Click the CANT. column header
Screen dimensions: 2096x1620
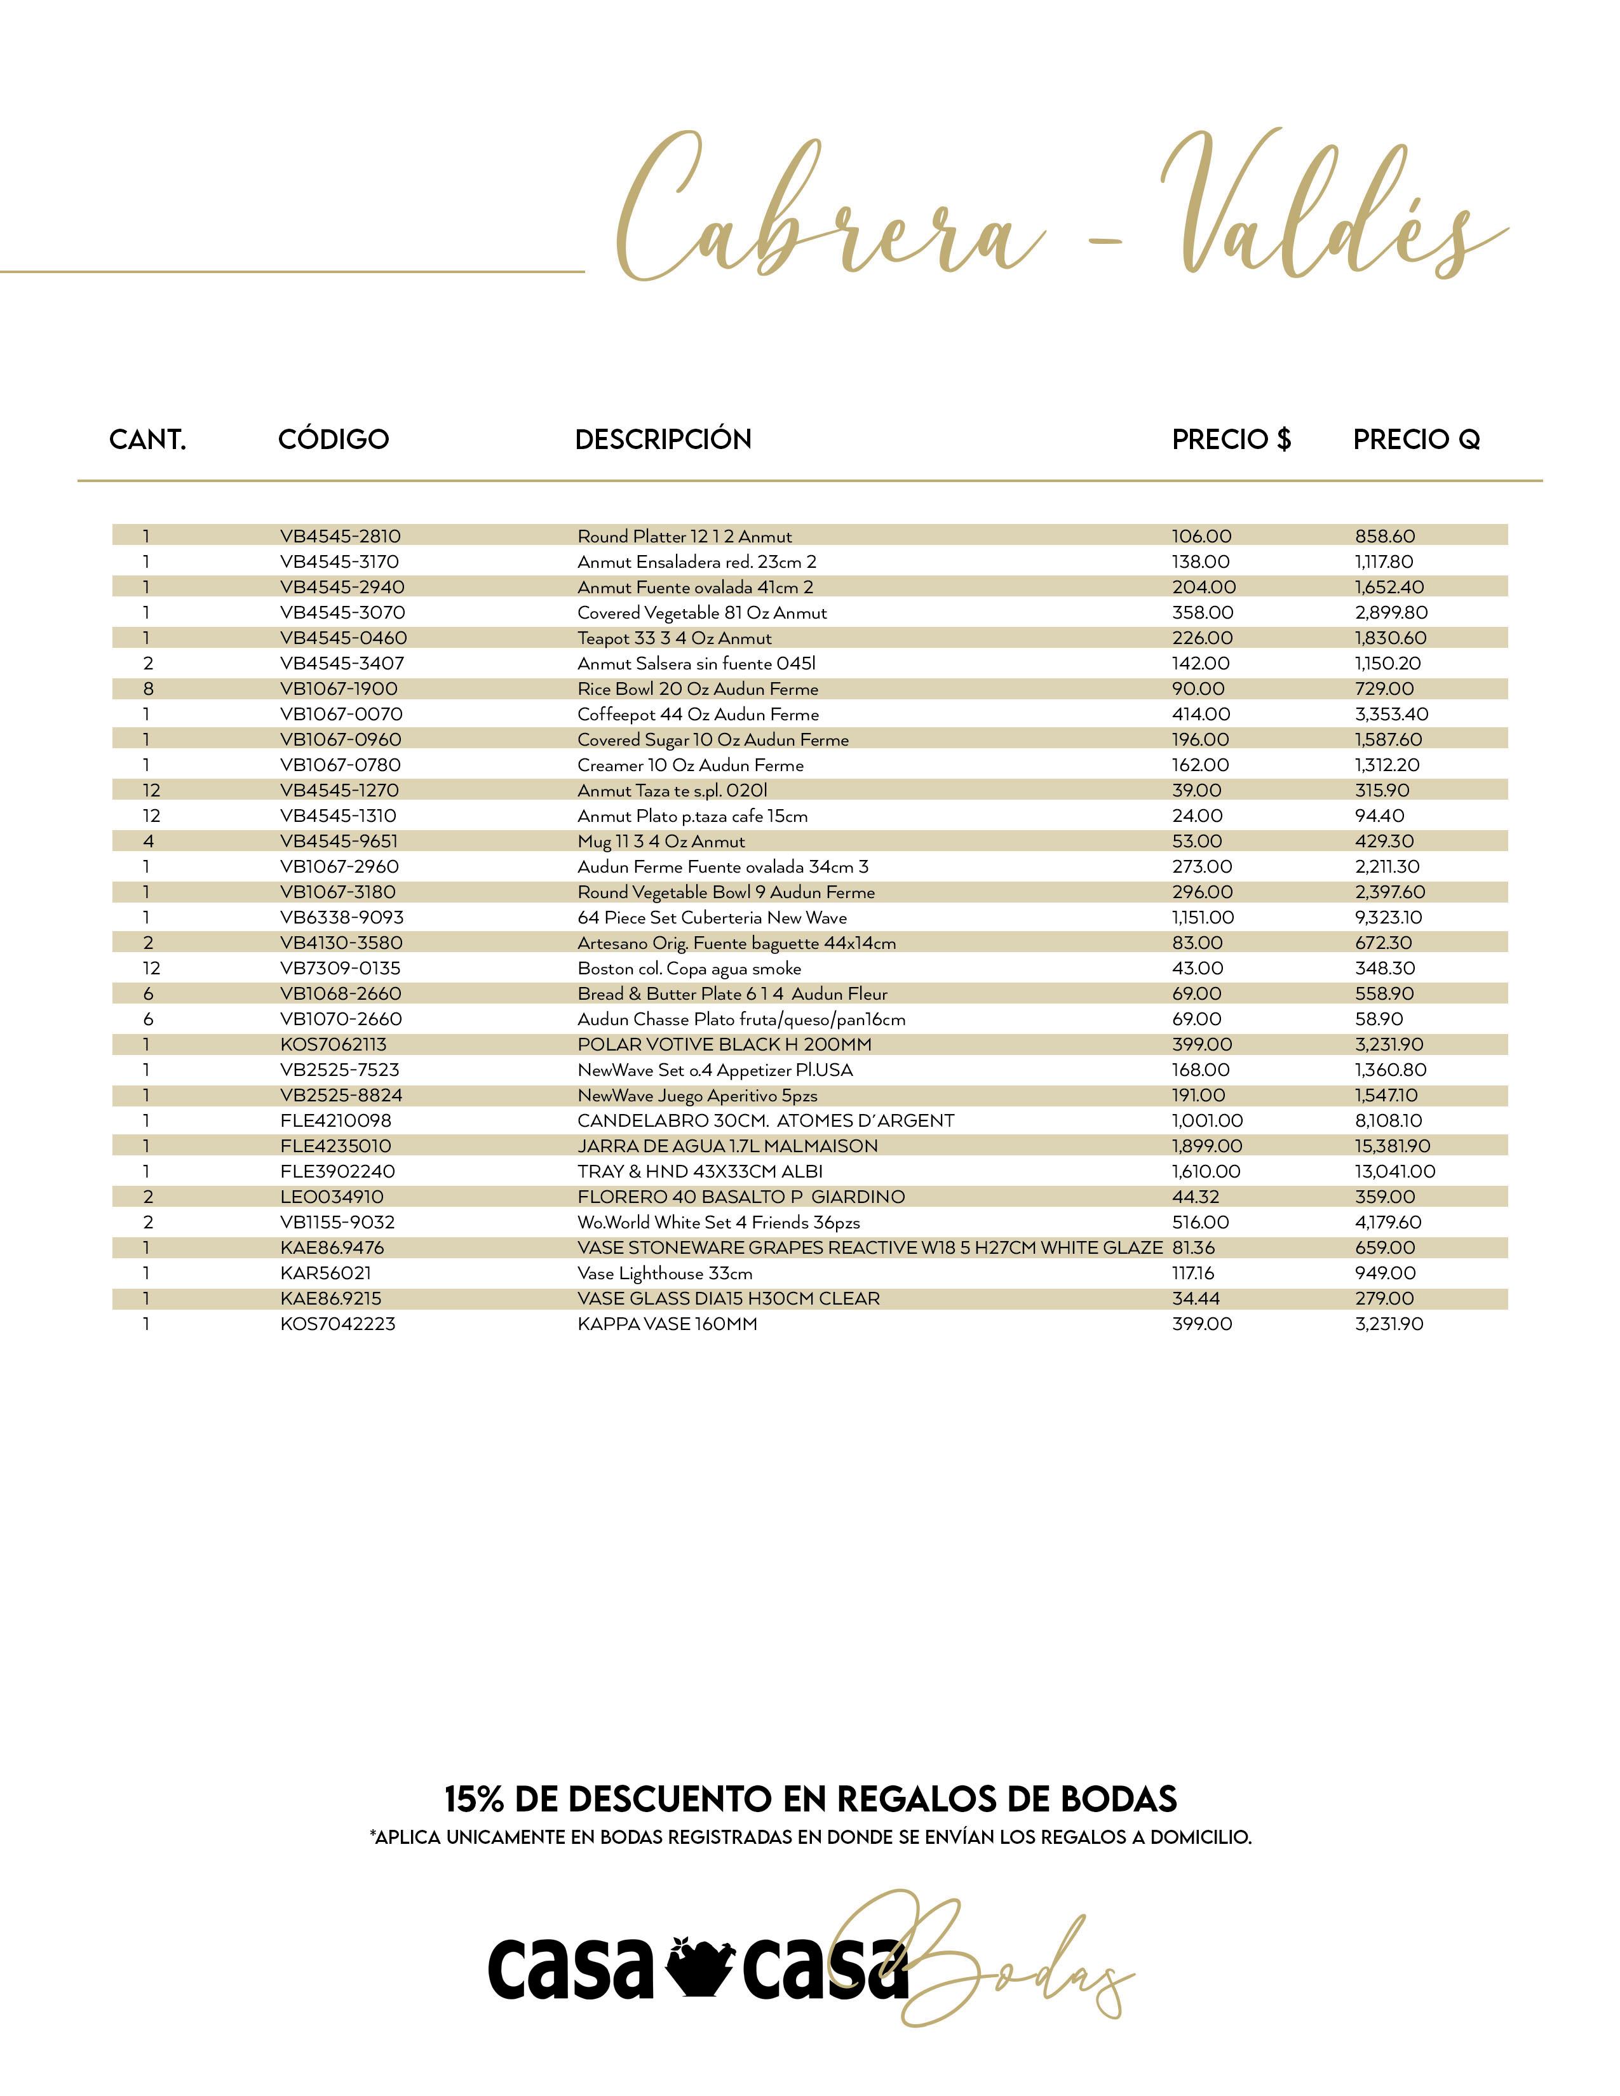148,440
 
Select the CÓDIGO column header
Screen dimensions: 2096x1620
333,440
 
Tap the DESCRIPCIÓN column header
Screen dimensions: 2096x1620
663,440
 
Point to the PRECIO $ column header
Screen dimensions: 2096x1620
1231,440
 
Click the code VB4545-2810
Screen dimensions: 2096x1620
340,537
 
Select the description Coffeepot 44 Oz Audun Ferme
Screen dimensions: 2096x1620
698,714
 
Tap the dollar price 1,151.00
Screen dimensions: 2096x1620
1203,918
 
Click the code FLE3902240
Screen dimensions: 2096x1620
337,1172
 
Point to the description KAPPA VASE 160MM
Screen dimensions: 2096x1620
667,1324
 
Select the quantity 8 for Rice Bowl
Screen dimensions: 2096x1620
148,689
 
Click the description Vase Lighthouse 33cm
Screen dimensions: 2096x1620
664,1273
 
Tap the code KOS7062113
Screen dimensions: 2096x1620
333,1044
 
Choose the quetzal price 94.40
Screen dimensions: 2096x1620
1379,816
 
